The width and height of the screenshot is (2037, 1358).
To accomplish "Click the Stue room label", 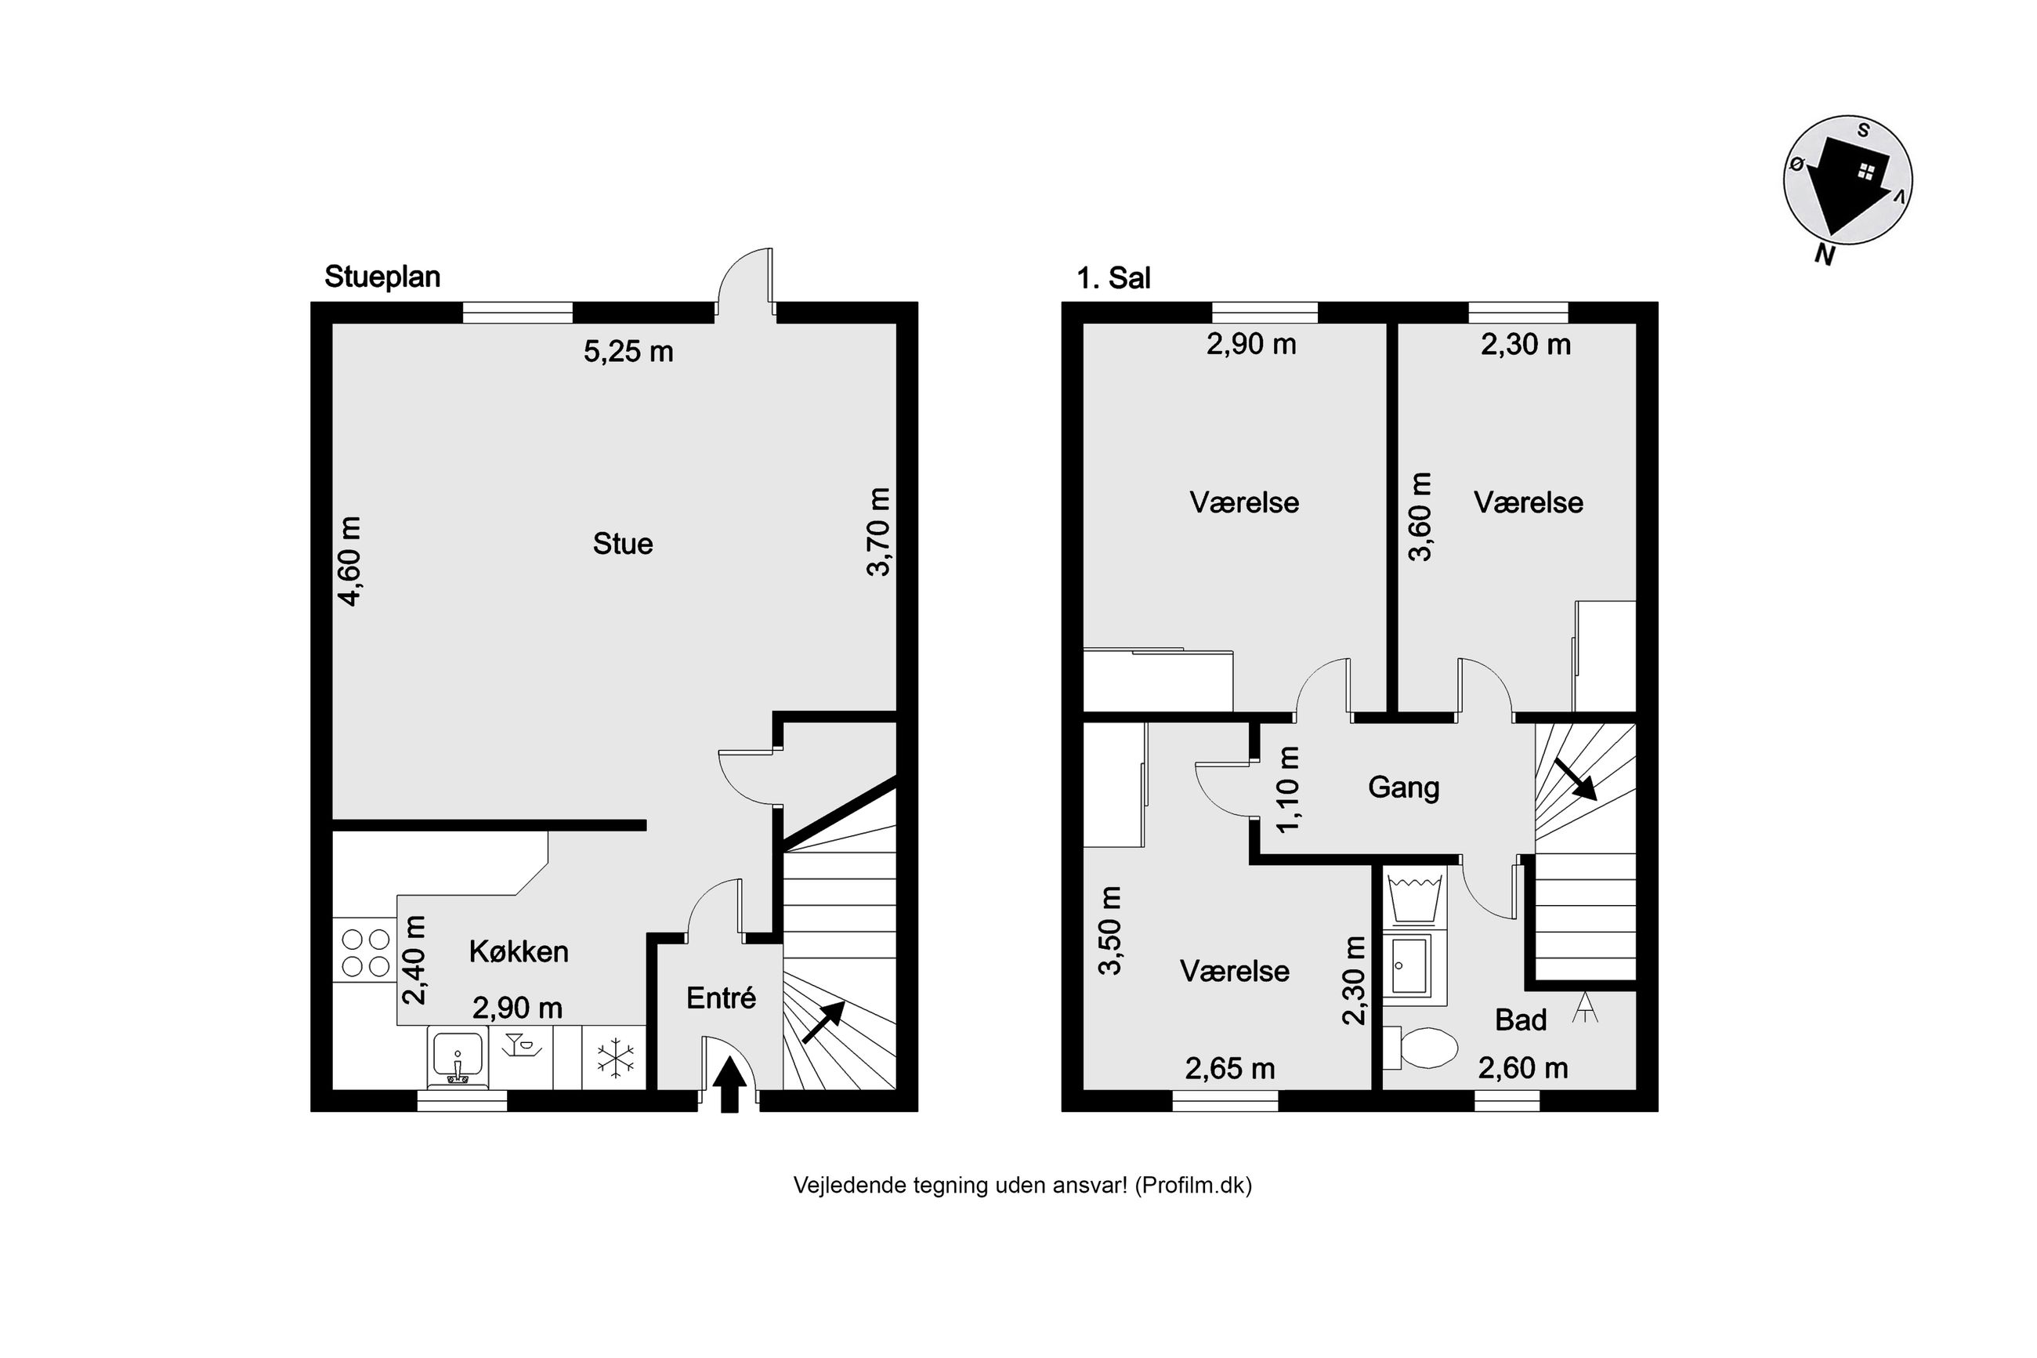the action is pos(622,544).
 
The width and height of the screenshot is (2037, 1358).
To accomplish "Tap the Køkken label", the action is pos(519,952).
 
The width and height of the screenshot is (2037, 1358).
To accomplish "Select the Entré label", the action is pos(721,998).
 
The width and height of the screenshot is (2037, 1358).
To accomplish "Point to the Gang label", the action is pos(1403,788).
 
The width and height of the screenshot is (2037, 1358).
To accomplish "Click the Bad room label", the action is pos(1520,1020).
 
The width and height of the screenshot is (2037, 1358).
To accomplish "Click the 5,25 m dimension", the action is pos(628,352).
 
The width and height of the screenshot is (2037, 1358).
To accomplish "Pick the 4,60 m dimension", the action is pos(349,561).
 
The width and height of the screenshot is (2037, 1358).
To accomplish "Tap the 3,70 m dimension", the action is pos(879,532).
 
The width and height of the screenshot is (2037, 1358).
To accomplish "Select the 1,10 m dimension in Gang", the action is pos(1288,789).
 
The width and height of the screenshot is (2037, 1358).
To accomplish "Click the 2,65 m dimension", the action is pos(1229,1069).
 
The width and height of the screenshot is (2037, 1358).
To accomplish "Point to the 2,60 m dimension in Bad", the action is pos(1523,1068).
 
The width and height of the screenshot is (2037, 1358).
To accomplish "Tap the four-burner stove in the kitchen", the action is pos(365,953).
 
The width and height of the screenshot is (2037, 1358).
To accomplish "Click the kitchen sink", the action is pos(457,1059).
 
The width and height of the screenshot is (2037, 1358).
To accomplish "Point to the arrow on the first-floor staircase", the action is pos(1576,779).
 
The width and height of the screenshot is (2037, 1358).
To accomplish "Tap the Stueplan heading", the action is pos(382,277).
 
